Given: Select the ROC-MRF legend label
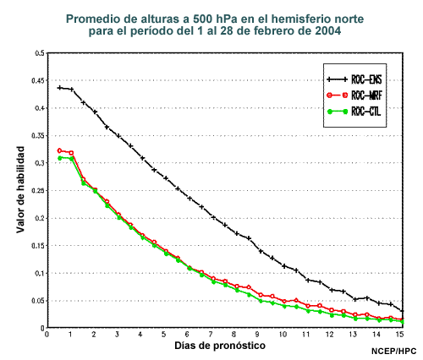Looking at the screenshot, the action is (366, 95).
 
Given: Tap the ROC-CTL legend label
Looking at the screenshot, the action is (365, 112).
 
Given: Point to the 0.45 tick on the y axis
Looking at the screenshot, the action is (38, 81).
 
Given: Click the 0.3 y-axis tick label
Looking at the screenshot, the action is (40, 163).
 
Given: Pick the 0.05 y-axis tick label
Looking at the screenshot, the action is (38, 301).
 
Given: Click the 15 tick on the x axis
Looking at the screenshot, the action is (400, 334).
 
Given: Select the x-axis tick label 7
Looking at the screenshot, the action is (211, 334).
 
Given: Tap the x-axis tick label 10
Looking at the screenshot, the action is (283, 334).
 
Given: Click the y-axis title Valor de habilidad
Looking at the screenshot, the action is (20, 189).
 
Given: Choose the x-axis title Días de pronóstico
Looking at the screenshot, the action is (220, 346).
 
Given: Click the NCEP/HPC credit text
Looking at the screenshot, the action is (393, 352).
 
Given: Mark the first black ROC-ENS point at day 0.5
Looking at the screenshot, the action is (59, 88).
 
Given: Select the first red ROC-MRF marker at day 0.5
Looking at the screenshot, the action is (59, 150).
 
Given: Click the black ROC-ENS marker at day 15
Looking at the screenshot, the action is (403, 311).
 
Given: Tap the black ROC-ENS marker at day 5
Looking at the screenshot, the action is (166, 178).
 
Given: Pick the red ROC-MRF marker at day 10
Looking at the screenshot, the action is (284, 302).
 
